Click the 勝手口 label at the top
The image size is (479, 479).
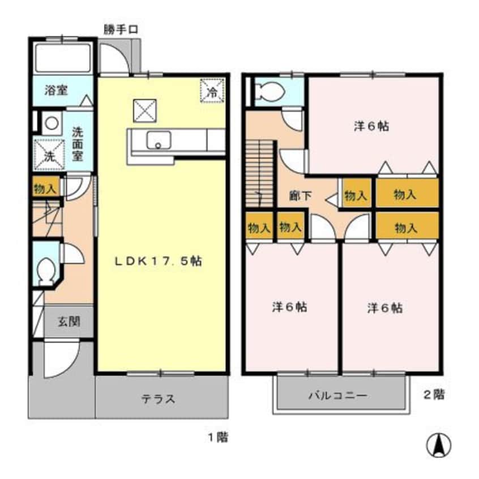pyautogui.click(x=121, y=29)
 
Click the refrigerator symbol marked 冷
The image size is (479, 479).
pyautogui.click(x=213, y=90)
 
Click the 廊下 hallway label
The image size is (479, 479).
pyautogui.click(x=298, y=196)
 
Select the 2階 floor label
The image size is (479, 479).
pyautogui.click(x=433, y=395)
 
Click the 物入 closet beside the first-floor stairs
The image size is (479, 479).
pyautogui.click(x=44, y=188)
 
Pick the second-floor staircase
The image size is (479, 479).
pyautogui.click(x=260, y=176)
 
